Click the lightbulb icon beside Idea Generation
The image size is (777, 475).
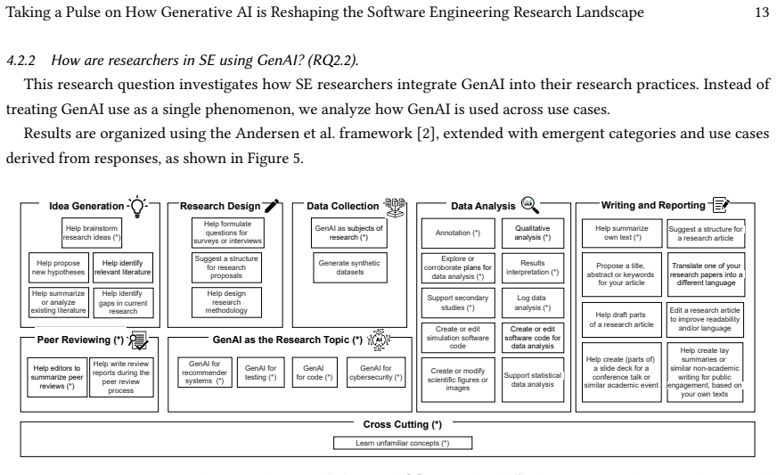tap(137, 207)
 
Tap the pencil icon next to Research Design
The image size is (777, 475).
tap(272, 205)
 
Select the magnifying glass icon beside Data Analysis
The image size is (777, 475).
tap(529, 205)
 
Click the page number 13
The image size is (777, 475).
tap(762, 12)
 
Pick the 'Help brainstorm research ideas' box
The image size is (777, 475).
tap(92, 233)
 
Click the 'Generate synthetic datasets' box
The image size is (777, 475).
tap(349, 267)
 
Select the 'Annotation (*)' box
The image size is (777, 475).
tap(458, 233)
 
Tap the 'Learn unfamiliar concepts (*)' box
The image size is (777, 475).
tap(403, 443)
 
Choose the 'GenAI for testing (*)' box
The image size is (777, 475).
tap(261, 373)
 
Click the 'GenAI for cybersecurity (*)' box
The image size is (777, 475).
tap(376, 373)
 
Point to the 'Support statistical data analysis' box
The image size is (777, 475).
tap(533, 380)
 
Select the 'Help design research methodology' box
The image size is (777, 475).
tap(226, 302)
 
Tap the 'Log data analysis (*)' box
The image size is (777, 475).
tap(533, 302)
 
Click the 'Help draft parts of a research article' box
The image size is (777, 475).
tap(621, 320)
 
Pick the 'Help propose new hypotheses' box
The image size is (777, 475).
tap(59, 267)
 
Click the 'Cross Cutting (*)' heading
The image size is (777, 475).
tap(403, 424)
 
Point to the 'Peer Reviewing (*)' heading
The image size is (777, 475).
tap(80, 340)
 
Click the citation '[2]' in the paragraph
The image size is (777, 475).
tap(426, 134)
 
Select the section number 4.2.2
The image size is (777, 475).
tap(20, 61)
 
